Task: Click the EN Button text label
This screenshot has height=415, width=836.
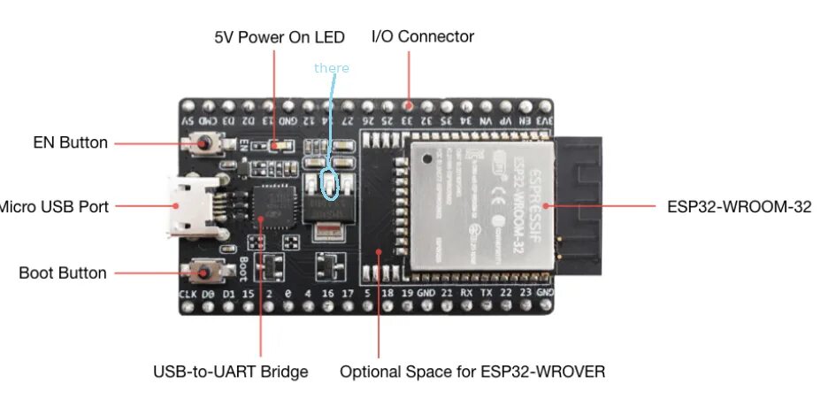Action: tap(70, 142)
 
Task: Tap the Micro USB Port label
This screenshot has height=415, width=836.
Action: tap(55, 206)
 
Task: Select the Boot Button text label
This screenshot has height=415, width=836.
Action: tap(62, 273)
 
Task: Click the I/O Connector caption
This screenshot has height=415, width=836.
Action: tap(422, 37)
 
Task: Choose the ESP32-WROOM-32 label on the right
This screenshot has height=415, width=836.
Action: tap(739, 206)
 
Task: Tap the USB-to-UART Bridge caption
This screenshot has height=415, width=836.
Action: tap(231, 372)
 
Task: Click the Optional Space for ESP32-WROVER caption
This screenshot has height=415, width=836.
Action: tap(472, 372)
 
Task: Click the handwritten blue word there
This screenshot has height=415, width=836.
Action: tap(332, 68)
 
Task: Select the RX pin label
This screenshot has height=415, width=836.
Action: tap(466, 293)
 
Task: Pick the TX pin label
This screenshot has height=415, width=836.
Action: tap(486, 293)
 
